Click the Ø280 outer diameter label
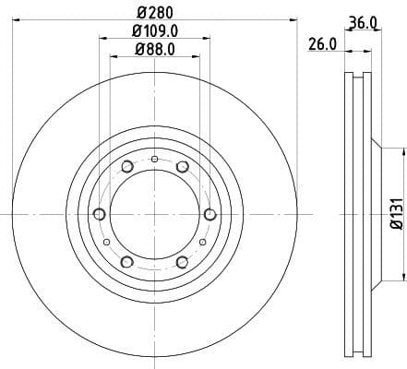[155, 11]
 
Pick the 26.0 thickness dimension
[322, 44]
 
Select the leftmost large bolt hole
[100, 214]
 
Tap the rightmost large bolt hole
[210, 214]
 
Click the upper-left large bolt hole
[127, 166]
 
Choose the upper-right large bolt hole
[183, 166]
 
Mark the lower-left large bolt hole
[127, 262]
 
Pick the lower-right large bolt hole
[183, 262]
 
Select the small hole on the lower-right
[203, 242]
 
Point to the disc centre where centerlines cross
[155, 214]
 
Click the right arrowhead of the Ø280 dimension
[297, 19]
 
